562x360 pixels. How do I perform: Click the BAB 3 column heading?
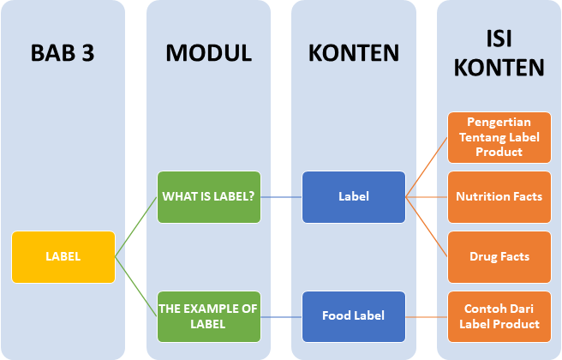pos(63,53)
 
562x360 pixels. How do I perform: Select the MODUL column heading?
pos(208,53)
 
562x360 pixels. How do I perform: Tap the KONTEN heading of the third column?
pos(354,53)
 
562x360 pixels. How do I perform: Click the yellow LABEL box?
pos(63,256)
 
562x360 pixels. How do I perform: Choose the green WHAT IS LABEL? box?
pos(208,196)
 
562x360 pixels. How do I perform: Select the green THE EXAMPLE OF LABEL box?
pos(208,316)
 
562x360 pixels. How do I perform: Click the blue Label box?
pos(354,196)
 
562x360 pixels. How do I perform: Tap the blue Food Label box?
pos(354,316)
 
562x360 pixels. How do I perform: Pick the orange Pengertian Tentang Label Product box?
pos(499,137)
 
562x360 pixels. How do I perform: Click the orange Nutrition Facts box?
pos(499,196)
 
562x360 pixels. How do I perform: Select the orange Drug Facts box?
pos(499,256)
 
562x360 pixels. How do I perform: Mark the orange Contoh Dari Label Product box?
pos(499,316)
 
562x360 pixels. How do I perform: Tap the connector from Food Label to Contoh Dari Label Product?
pos(427,316)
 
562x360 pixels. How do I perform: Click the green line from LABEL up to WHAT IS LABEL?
pos(135,227)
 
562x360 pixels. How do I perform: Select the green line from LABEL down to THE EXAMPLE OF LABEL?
pos(135,286)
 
